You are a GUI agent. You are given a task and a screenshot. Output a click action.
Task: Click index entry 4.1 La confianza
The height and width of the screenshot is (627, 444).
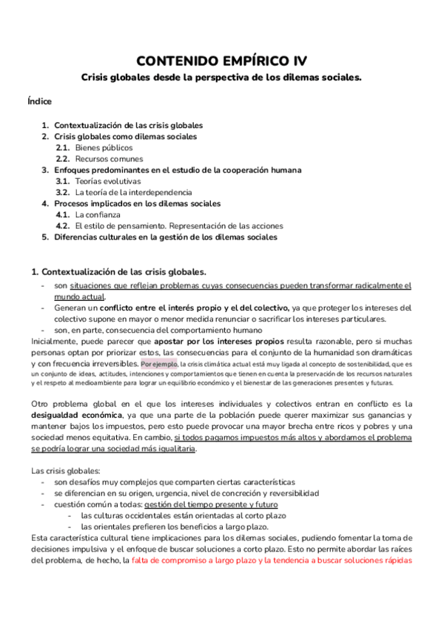(x=97, y=214)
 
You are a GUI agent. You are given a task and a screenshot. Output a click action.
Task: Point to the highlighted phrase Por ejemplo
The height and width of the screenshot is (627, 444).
(x=158, y=364)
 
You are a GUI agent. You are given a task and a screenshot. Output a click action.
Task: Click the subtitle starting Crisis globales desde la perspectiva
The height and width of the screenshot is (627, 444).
(x=221, y=77)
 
